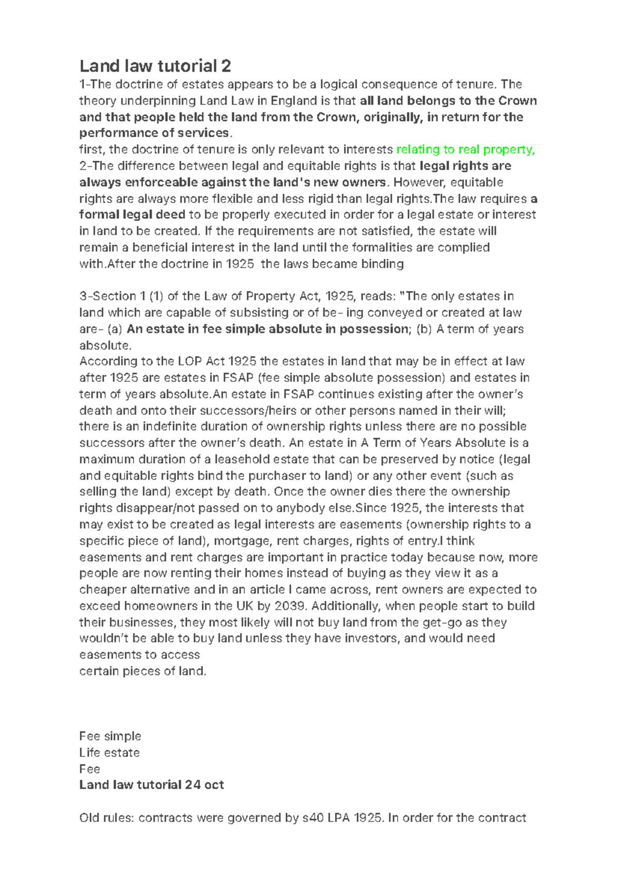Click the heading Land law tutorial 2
click(155, 66)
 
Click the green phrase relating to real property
click(466, 149)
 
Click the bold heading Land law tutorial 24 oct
click(151, 785)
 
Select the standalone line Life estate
click(109, 752)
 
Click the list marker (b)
click(424, 329)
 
